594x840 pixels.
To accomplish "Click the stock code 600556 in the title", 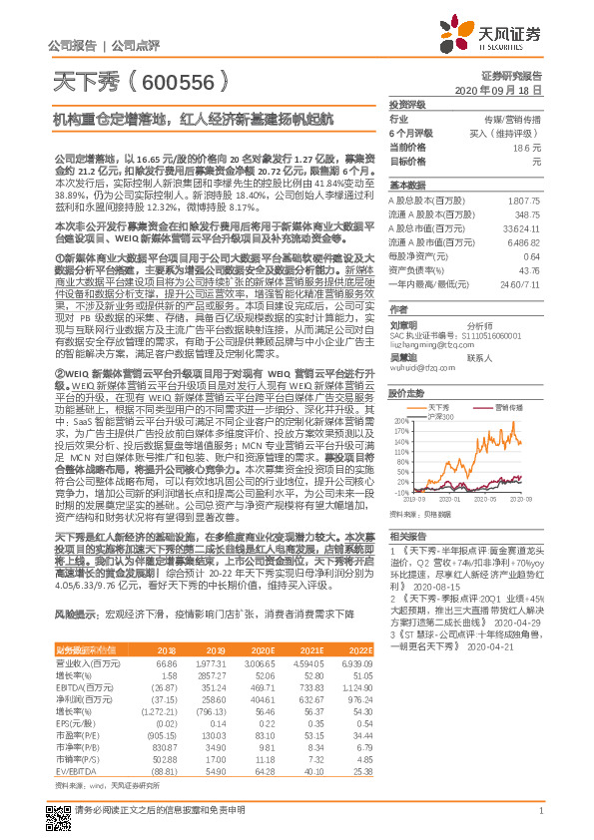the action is point(157,80).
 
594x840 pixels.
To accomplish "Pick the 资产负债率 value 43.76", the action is point(529,270).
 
